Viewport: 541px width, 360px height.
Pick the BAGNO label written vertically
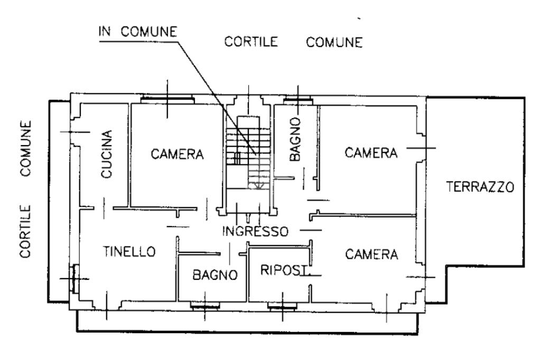coord(296,139)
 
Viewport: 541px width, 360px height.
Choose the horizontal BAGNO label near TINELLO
coord(213,274)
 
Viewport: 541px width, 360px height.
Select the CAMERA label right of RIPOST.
coord(371,254)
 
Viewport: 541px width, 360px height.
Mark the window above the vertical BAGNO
coord(297,100)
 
